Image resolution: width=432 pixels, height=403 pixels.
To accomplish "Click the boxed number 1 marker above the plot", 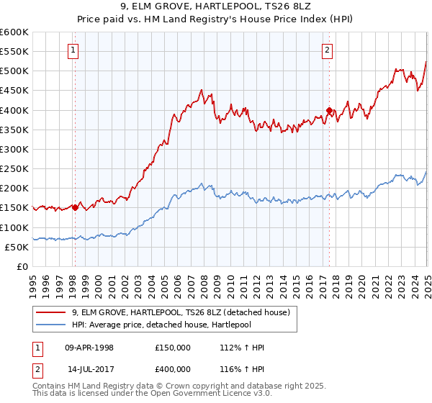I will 74,50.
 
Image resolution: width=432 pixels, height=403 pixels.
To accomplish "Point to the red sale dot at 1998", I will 75,207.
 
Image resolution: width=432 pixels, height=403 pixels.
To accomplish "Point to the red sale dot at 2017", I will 329,110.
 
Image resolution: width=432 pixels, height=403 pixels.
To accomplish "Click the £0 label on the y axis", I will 22,266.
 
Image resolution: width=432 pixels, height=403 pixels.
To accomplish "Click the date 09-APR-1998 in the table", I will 89,348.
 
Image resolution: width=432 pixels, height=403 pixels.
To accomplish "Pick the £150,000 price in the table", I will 172,348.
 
